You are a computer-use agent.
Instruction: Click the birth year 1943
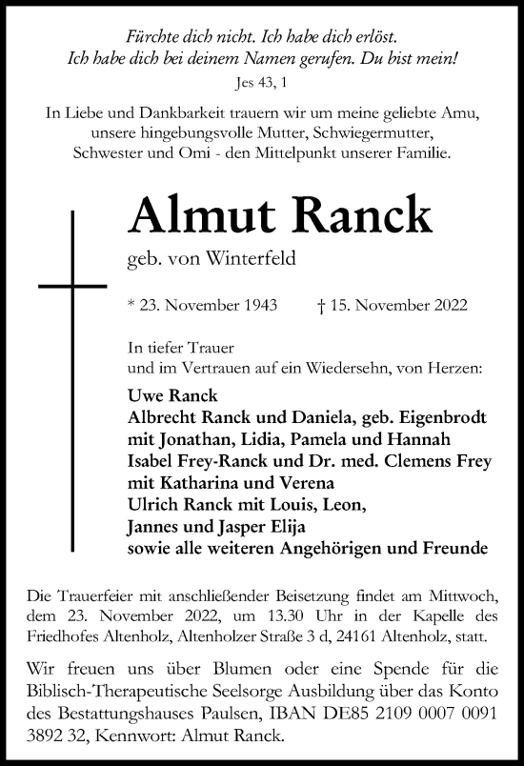coord(258,306)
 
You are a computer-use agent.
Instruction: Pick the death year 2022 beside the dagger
coord(448,306)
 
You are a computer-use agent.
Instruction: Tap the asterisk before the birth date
coord(130,305)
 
